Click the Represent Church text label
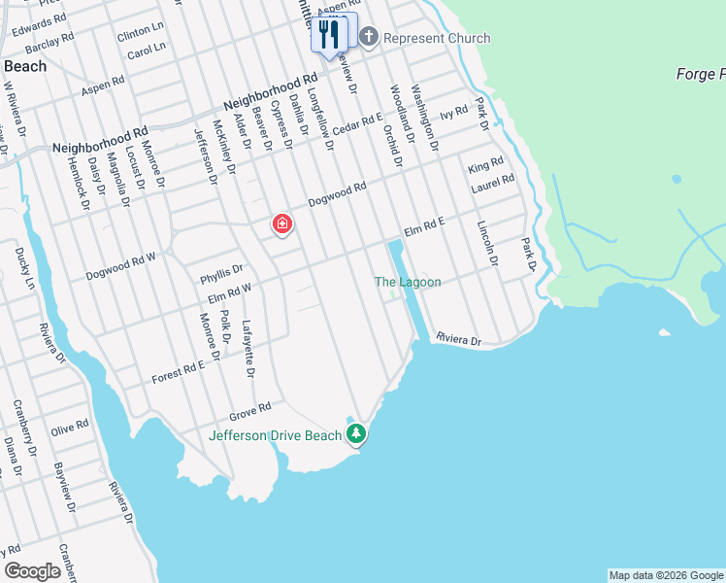click(437, 38)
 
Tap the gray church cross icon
click(368, 38)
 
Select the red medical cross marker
click(281, 225)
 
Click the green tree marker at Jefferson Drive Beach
click(356, 433)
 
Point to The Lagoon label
click(408, 282)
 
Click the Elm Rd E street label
click(424, 227)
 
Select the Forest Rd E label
click(178, 371)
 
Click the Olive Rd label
click(69, 427)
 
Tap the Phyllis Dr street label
click(221, 271)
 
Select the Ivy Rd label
click(454, 114)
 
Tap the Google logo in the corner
click(32, 571)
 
